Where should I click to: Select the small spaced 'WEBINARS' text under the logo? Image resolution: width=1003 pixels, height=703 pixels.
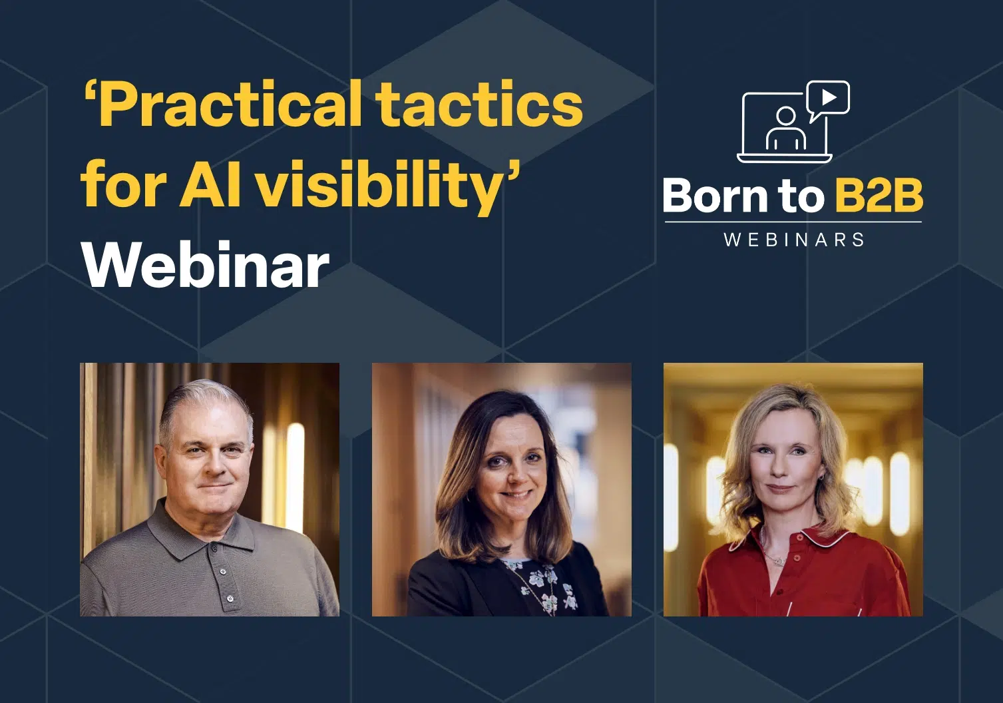(793, 240)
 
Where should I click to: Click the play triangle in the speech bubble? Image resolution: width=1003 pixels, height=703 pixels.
(829, 97)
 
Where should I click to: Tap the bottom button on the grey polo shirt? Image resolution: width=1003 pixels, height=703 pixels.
(230, 598)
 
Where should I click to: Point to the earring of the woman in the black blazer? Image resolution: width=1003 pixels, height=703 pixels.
(469, 496)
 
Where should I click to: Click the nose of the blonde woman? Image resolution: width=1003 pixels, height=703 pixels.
(781, 467)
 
